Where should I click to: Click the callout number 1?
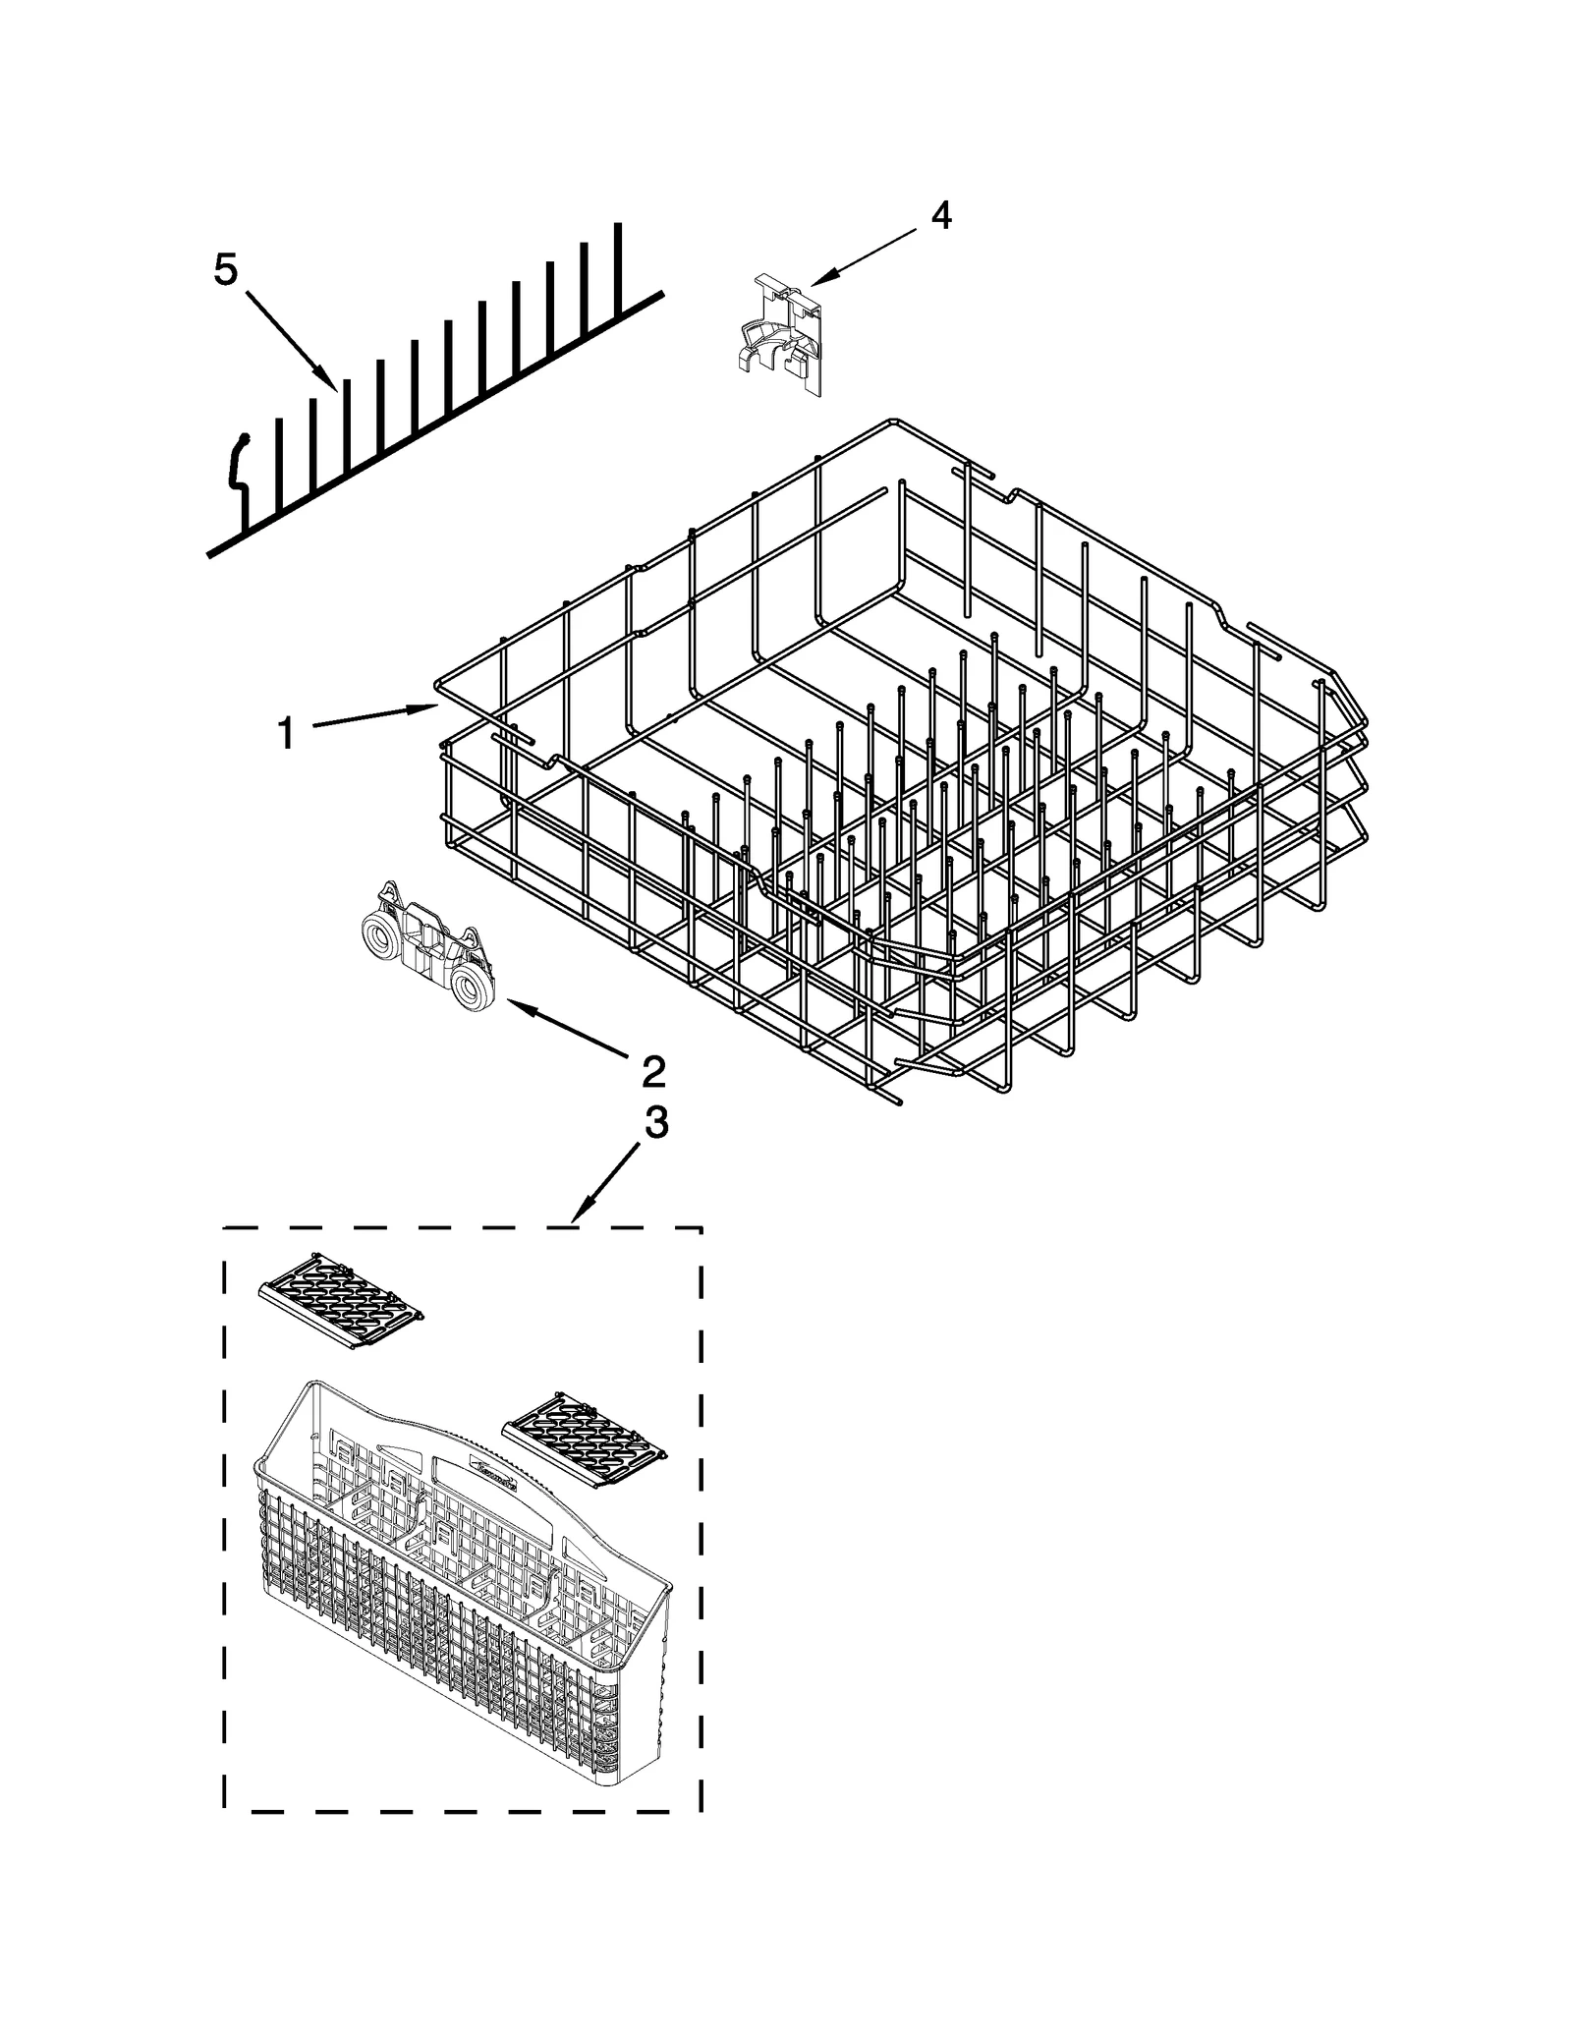tap(285, 732)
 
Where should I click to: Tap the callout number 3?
tap(655, 1121)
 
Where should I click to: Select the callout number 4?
tap(940, 214)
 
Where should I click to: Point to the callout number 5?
tap(226, 269)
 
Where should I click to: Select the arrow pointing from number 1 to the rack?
tap(373, 715)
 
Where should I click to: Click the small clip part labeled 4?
tap(778, 337)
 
